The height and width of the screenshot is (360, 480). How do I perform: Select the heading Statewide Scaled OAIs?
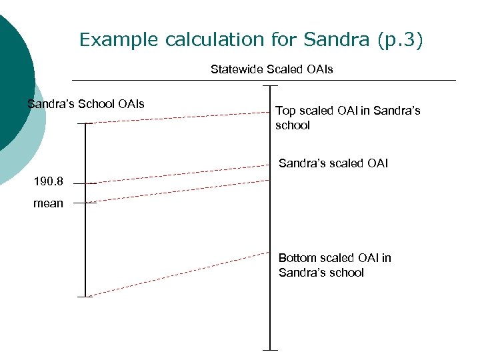(271, 69)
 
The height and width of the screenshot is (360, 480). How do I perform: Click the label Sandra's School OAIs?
(86, 104)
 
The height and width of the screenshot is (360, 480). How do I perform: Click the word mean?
(48, 203)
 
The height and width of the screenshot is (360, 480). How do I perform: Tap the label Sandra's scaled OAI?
(333, 163)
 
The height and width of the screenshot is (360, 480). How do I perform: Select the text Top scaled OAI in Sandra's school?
(347, 118)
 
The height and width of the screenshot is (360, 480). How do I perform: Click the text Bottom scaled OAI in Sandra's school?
(334, 265)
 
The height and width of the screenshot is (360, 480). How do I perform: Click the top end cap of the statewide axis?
(270, 86)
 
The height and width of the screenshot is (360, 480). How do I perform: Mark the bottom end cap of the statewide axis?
(270, 349)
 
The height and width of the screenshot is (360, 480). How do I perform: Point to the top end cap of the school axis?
(85, 123)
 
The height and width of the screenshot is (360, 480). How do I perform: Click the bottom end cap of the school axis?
(85, 297)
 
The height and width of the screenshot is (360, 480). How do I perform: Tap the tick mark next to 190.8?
(85, 183)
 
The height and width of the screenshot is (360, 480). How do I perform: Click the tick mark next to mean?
(85, 202)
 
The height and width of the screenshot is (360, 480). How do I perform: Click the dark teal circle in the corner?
(12, 80)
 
